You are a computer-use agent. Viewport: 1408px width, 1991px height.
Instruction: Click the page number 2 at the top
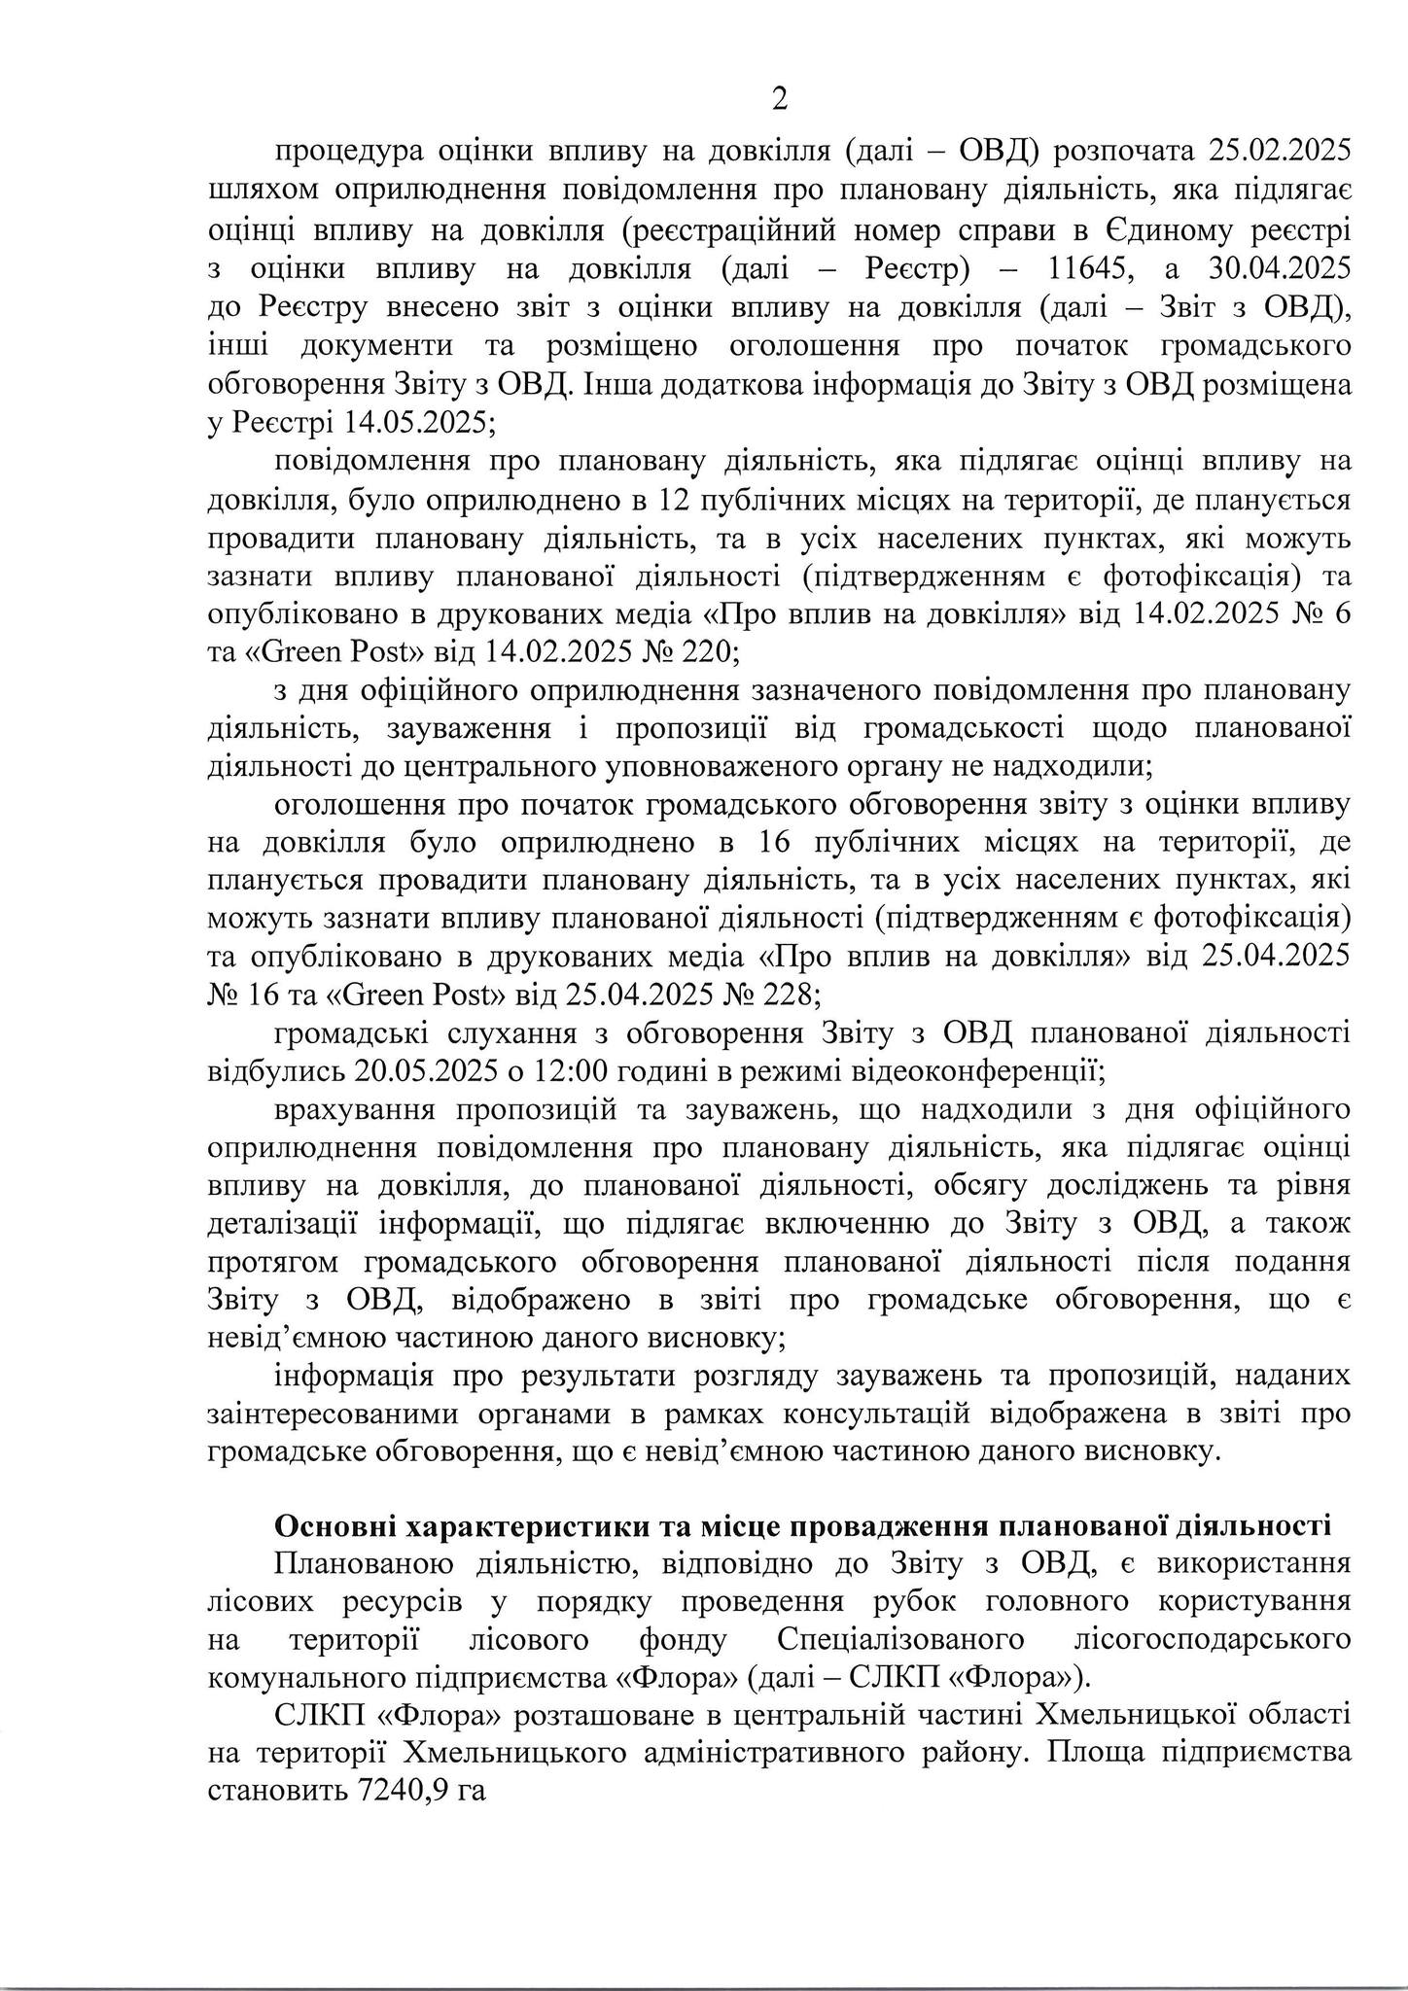779,98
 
